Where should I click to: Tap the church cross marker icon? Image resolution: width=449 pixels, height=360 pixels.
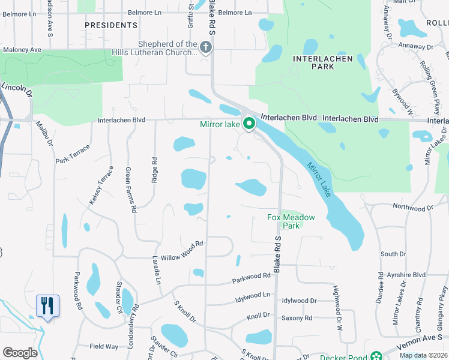point(206,47)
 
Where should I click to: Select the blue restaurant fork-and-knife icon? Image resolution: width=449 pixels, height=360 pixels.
point(47,305)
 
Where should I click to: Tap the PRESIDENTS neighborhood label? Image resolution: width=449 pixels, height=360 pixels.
point(111,25)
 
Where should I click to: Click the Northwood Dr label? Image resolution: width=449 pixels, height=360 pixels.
point(412,207)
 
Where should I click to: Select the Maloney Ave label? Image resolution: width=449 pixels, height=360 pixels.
point(22,49)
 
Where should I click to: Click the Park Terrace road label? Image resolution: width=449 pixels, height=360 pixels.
point(72,154)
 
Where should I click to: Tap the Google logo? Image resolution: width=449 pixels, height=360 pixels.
point(20,353)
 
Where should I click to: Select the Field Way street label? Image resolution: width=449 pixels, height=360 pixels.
point(104,346)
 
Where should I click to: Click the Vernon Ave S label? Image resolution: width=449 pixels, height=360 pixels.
point(423,343)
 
